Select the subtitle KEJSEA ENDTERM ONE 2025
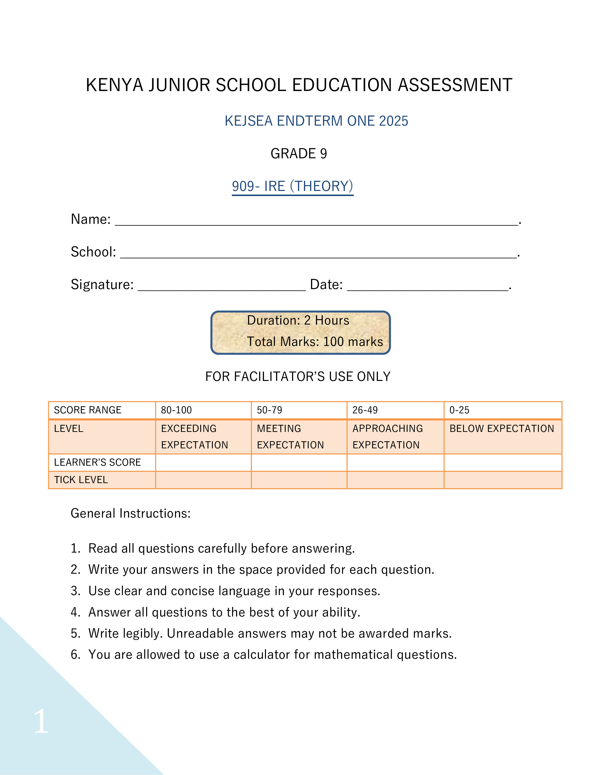pyautogui.click(x=316, y=121)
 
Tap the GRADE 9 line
pyautogui.click(x=298, y=154)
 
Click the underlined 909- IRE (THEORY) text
pyautogui.click(x=292, y=186)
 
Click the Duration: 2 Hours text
pyautogui.click(x=298, y=320)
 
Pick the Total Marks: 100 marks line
pyautogui.click(x=315, y=342)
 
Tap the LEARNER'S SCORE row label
pyautogui.click(x=97, y=462)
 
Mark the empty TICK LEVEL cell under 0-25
pyautogui.click(x=502, y=480)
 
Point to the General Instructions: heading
pyautogui.click(x=131, y=513)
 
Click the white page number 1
pyautogui.click(x=41, y=721)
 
